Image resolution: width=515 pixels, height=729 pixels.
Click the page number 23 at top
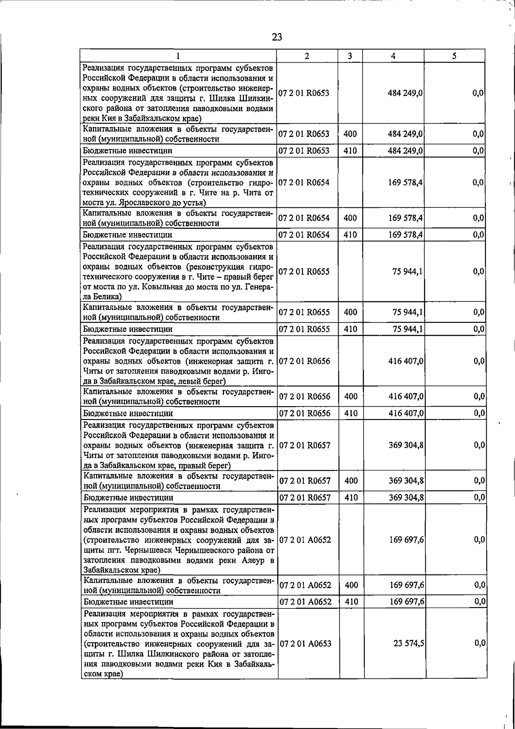click(277, 37)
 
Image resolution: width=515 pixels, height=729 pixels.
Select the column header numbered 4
click(393, 56)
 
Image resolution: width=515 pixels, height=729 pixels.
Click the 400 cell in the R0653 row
click(350, 134)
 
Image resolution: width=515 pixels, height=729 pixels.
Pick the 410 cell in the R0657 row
click(351, 498)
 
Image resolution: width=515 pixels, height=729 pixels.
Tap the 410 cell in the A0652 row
click(351, 601)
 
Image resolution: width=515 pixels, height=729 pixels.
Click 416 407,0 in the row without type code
click(406, 361)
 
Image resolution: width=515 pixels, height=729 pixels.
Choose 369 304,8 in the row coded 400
click(406, 480)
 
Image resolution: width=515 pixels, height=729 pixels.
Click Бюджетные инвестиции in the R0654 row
click(127, 235)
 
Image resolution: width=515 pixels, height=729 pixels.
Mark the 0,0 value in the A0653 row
click(480, 643)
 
